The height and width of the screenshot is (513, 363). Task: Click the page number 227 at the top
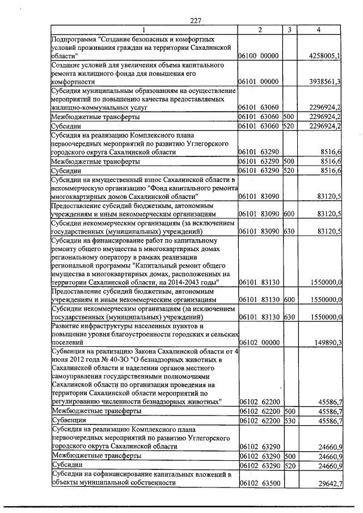click(x=196, y=20)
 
